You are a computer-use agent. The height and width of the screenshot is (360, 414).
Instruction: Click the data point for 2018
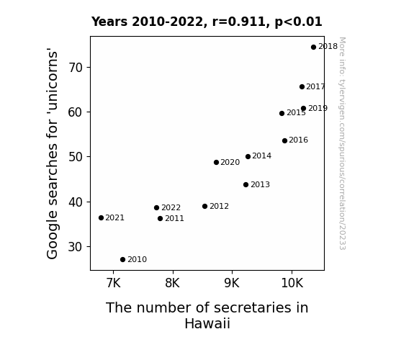pyautogui.click(x=313, y=48)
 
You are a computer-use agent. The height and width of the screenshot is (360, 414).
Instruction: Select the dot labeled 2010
pyautogui.click(x=122, y=260)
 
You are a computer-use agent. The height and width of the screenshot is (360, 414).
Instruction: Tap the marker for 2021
pyautogui.click(x=101, y=218)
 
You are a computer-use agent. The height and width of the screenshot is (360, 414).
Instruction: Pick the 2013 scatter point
pyautogui.click(x=246, y=184)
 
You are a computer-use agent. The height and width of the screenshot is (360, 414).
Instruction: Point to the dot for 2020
pyautogui.click(x=216, y=163)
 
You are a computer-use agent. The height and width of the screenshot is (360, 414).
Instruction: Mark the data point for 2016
pyautogui.click(x=284, y=141)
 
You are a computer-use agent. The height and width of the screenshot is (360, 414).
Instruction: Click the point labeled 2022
pyautogui.click(x=156, y=208)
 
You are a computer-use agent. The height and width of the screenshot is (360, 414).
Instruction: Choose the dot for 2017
pyautogui.click(x=302, y=87)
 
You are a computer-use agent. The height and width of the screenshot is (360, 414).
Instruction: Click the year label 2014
pyautogui.click(x=261, y=156)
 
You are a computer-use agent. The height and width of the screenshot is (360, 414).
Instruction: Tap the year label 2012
pyautogui.click(x=219, y=207)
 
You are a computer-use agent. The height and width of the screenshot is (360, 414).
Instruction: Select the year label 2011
pyautogui.click(x=174, y=218)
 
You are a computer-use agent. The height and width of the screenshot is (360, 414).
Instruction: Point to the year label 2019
pyautogui.click(x=318, y=108)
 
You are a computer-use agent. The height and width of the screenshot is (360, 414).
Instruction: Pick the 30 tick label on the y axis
pyautogui.click(x=76, y=247)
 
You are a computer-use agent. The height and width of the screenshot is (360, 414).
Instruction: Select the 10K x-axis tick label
pyautogui.click(x=292, y=283)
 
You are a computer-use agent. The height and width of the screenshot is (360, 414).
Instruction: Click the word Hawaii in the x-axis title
pyautogui.click(x=207, y=323)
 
